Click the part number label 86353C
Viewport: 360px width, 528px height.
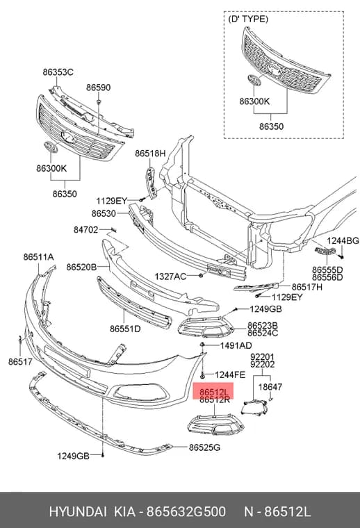[58, 72]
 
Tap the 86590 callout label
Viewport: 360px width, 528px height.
[98, 88]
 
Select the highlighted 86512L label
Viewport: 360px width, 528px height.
[214, 392]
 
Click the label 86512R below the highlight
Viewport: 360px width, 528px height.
[215, 399]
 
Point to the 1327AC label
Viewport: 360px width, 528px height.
[170, 277]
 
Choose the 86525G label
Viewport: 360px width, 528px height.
[204, 447]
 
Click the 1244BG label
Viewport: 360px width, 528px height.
[343, 240]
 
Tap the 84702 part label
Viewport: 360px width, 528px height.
[86, 230]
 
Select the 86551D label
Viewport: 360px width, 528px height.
[125, 329]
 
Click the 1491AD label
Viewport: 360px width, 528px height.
[236, 345]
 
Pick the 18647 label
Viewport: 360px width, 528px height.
[270, 386]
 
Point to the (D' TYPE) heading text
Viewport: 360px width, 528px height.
[248, 19]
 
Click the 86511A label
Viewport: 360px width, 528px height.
[38, 256]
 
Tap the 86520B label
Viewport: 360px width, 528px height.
[81, 267]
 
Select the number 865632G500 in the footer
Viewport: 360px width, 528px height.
[186, 511]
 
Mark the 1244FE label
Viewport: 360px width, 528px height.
[230, 374]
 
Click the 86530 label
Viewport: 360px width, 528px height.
[104, 213]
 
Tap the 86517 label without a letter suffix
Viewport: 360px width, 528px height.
[20, 362]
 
